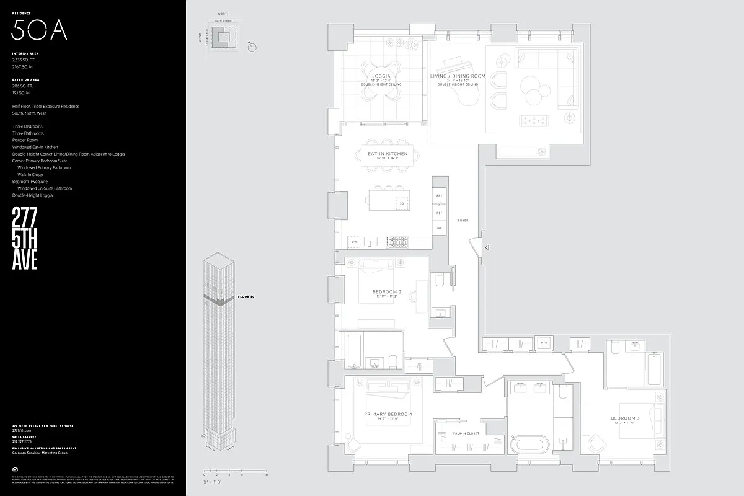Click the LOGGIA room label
click(381, 76)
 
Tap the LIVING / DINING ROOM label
click(458, 76)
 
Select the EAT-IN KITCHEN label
click(387, 153)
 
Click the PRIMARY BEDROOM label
click(387, 414)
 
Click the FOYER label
click(463, 221)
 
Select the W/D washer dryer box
click(543, 343)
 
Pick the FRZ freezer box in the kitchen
click(439, 195)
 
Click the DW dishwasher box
click(355, 241)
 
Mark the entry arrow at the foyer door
click(487, 247)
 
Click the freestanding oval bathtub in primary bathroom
click(529, 444)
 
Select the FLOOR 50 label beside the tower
click(246, 297)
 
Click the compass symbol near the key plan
click(252, 46)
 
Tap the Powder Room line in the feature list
click(25, 140)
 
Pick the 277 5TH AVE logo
click(25, 239)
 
